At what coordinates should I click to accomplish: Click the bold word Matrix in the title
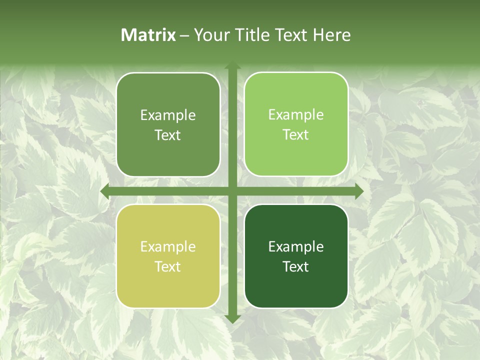tap(148, 34)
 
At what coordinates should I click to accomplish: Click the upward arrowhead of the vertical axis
tap(232, 65)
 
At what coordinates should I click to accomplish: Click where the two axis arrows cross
tap(232, 191)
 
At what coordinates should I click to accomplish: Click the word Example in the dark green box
tap(296, 246)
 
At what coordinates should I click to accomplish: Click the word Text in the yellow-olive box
tap(168, 266)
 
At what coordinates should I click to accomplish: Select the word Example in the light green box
tap(296, 114)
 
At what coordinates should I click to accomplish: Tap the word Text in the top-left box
tap(168, 135)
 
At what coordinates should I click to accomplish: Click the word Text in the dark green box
tap(296, 266)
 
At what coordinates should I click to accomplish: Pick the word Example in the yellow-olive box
tap(168, 246)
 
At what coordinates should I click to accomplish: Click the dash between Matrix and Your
tap(184, 35)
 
